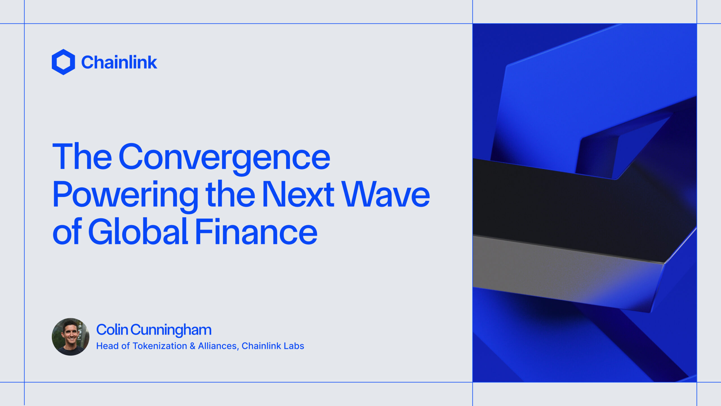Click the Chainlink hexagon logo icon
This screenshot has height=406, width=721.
point(63,62)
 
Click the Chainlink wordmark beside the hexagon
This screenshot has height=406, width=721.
point(119,62)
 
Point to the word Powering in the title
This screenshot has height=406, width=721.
point(126,195)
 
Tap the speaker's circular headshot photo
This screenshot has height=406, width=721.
point(70,337)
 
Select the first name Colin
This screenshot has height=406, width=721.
point(112,330)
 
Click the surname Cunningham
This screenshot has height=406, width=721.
point(171,330)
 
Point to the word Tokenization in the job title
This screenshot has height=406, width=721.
point(160,346)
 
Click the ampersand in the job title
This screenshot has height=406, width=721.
point(193,346)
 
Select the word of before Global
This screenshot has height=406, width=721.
point(67,232)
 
